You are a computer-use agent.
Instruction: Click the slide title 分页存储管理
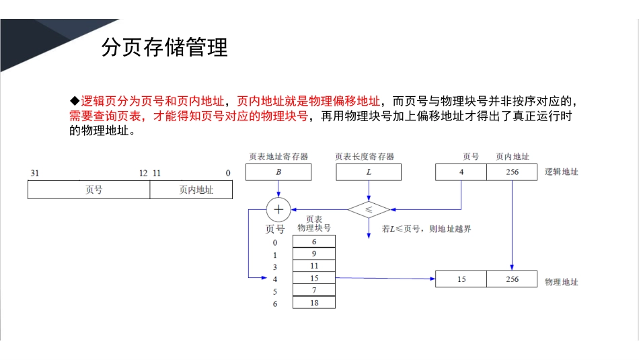164,48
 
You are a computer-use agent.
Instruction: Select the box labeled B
278,172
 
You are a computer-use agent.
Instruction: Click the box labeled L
369,172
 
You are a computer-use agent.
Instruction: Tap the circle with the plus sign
278,209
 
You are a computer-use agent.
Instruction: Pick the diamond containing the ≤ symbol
369,209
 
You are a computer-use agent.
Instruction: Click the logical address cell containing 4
461,172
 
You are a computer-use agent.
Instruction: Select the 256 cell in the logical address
512,172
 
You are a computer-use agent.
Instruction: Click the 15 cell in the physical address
461,279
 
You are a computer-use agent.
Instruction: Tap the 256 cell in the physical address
512,279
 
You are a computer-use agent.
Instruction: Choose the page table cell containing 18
314,303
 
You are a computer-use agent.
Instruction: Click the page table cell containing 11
314,266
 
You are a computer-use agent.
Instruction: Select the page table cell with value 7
314,290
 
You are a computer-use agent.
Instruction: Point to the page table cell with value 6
314,242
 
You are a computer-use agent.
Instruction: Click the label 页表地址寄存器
278,157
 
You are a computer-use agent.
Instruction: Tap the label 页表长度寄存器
365,157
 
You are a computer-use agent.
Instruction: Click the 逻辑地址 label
562,172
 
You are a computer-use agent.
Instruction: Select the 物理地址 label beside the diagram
562,282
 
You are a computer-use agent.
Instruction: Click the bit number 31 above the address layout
35,173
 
